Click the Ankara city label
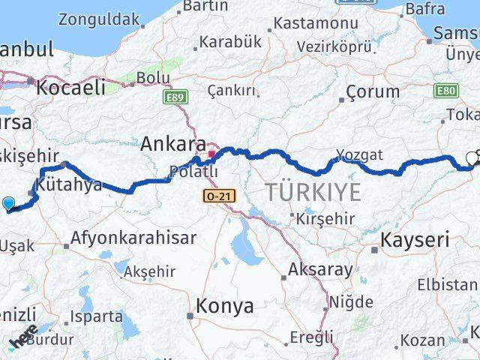coord(174,143)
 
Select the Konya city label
coord(224,306)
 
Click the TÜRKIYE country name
coord(313,192)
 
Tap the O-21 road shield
coord(214,195)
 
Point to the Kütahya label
coord(68,185)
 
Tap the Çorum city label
coord(373,92)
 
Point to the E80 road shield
coord(446,91)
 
